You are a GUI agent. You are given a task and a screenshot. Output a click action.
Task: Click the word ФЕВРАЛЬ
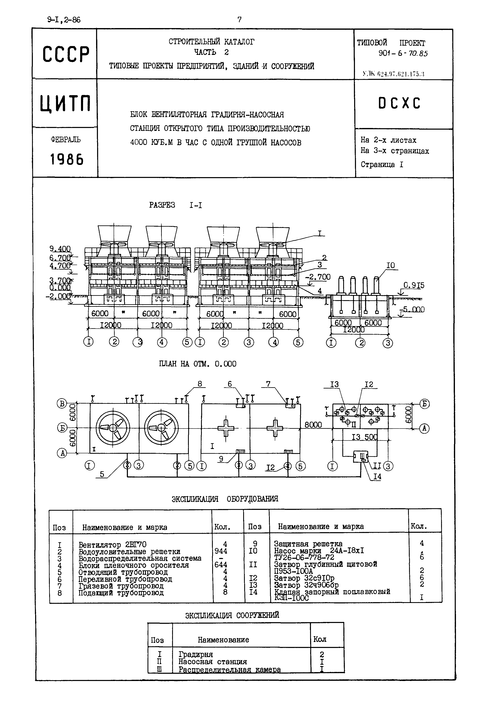[x=66, y=140]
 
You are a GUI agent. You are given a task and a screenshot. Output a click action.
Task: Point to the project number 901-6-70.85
[x=403, y=53]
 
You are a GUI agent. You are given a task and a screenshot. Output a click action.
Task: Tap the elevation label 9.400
[x=60, y=249]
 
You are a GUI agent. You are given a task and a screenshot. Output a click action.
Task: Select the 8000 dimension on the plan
[x=313, y=424]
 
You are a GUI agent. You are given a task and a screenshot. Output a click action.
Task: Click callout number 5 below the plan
[x=102, y=474]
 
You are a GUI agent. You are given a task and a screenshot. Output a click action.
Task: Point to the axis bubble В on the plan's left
[x=62, y=404]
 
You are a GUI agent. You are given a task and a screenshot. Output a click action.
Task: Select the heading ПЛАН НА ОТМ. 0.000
[x=198, y=364]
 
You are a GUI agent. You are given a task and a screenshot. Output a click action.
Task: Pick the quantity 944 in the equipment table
[x=221, y=551]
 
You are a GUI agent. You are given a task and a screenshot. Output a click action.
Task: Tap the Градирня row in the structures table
[x=196, y=654]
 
